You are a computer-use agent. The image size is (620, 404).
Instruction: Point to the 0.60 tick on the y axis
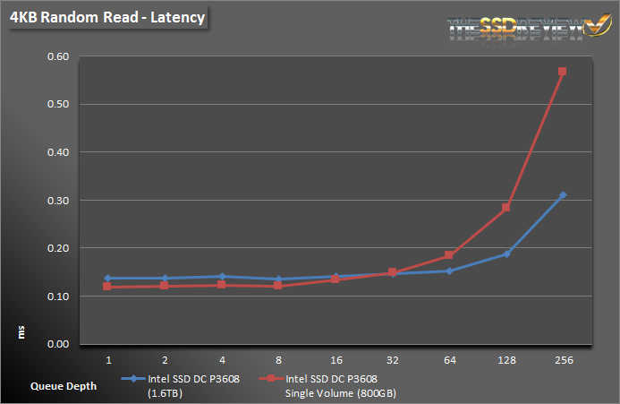(58, 56)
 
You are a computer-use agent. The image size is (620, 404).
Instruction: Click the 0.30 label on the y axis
(58, 200)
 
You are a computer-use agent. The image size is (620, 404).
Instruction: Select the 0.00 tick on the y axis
(58, 344)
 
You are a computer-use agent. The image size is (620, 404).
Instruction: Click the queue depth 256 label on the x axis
(563, 360)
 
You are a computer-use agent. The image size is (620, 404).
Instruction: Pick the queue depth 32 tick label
(392, 360)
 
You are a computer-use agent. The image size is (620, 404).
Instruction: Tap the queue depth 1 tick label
(108, 360)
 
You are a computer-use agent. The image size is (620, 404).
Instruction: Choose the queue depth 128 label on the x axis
(505, 360)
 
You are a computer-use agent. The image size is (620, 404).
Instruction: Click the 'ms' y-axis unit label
(21, 332)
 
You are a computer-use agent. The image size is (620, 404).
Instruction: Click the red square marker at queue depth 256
(563, 72)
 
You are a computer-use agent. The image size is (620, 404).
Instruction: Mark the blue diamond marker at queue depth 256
(563, 195)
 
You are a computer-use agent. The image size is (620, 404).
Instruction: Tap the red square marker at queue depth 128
(505, 208)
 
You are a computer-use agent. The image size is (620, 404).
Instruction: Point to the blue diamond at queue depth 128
(506, 254)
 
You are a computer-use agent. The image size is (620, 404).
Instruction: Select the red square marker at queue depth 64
(449, 256)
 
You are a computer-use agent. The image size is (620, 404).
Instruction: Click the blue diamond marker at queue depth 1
(108, 279)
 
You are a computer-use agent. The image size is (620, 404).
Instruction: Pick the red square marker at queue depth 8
(278, 286)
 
